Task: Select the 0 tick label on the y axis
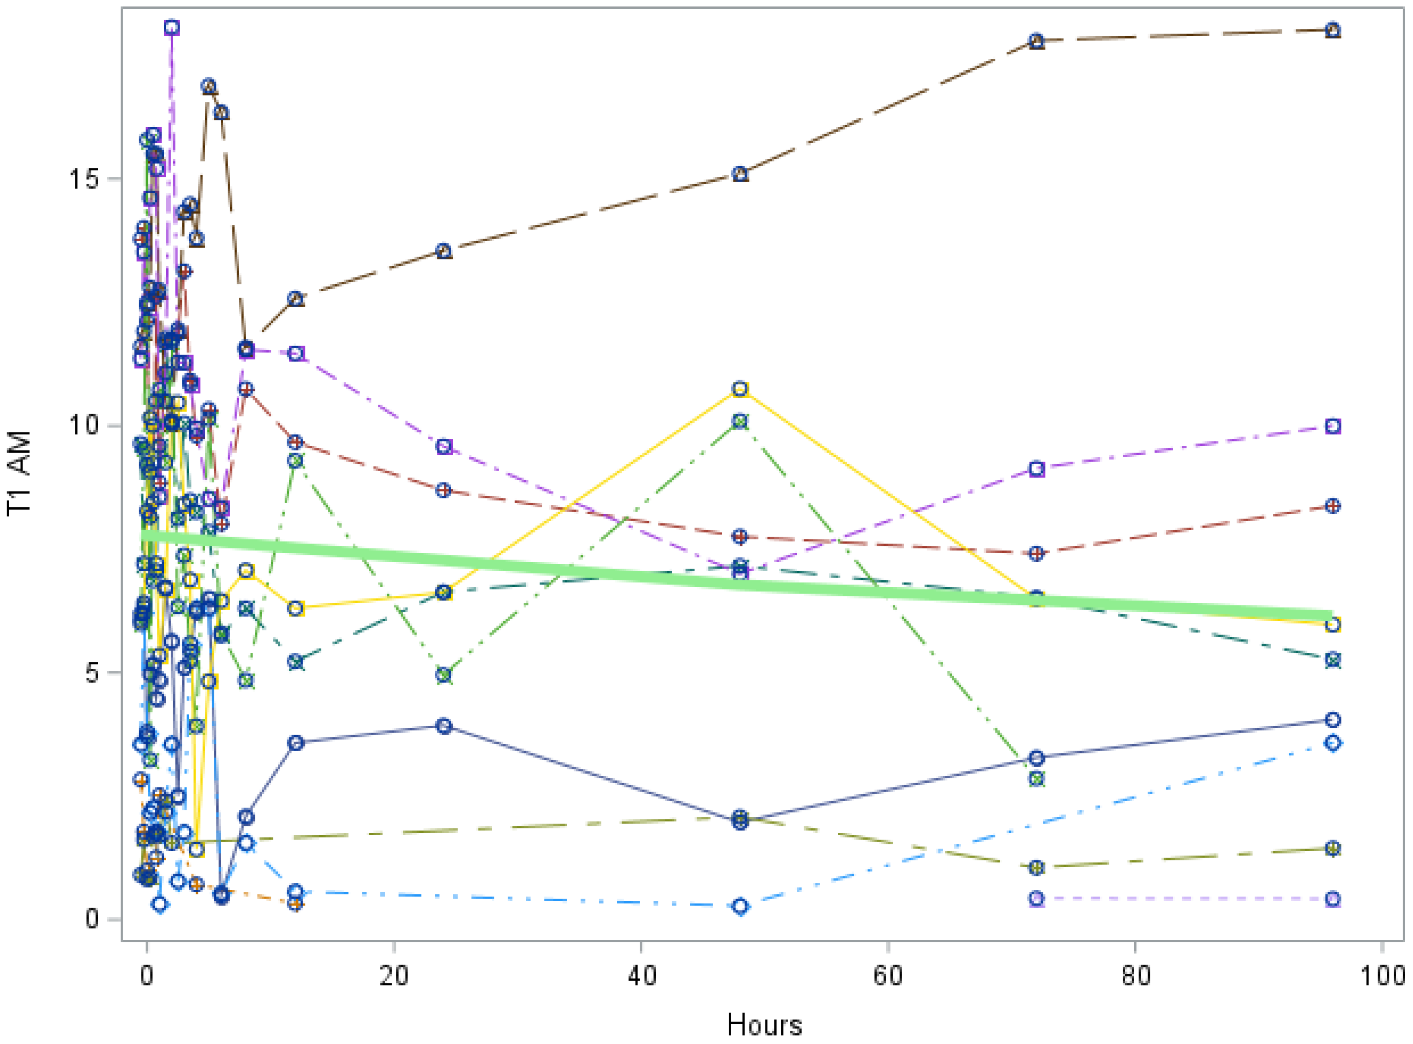(92, 918)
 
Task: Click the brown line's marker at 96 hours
(1333, 30)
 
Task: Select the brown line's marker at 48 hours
(741, 174)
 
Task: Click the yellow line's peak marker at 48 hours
(741, 389)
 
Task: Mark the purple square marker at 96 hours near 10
(1333, 426)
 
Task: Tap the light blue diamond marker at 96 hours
(1333, 743)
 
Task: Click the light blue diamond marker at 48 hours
(741, 906)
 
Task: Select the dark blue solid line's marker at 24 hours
(444, 726)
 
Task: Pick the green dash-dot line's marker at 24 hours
(444, 675)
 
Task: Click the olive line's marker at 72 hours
(1036, 868)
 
